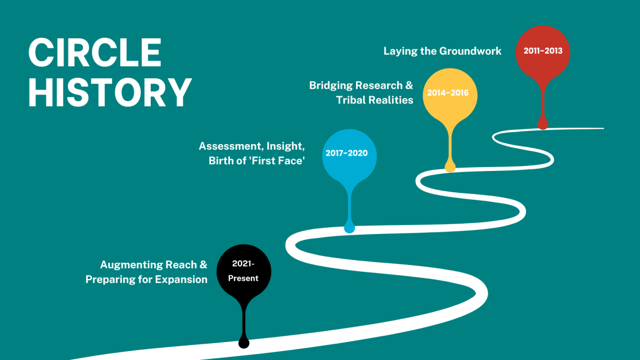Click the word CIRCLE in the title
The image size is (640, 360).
tap(94, 52)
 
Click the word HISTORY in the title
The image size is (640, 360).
tap(110, 92)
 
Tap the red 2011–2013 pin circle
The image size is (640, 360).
tap(543, 52)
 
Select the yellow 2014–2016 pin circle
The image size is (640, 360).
tap(450, 94)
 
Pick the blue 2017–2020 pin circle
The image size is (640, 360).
tap(349, 156)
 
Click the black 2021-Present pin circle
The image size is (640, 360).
tap(244, 272)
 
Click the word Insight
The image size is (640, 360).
tap(285, 146)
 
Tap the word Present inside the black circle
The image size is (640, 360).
tap(244, 278)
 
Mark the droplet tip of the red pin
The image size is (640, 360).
tap(543, 124)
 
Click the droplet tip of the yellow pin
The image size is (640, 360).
tap(450, 167)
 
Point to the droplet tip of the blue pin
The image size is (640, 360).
tap(349, 228)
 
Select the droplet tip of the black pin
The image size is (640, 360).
tap(244, 343)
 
